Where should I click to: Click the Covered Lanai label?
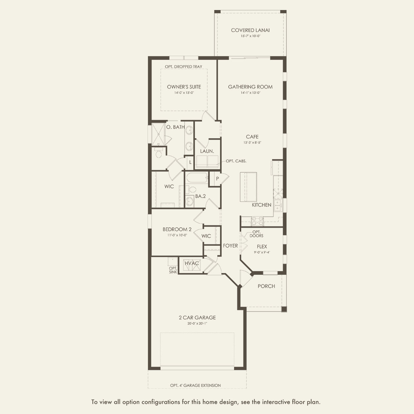(250, 30)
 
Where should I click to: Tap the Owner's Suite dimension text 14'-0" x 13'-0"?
(184, 93)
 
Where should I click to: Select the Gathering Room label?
(250, 87)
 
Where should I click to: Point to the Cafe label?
(252, 137)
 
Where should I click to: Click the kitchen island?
(248, 187)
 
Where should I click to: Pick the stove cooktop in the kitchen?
(257, 221)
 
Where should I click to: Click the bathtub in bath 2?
(197, 178)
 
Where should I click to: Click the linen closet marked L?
(190, 162)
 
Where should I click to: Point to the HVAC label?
(192, 263)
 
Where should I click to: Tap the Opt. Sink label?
(173, 270)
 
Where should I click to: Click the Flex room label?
(262, 247)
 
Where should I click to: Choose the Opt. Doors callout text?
(256, 234)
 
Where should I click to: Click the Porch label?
(266, 286)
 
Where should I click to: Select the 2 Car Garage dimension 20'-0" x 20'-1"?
(197, 324)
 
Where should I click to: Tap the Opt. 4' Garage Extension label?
(196, 385)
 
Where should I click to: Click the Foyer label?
(230, 246)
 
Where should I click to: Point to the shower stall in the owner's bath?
(158, 134)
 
